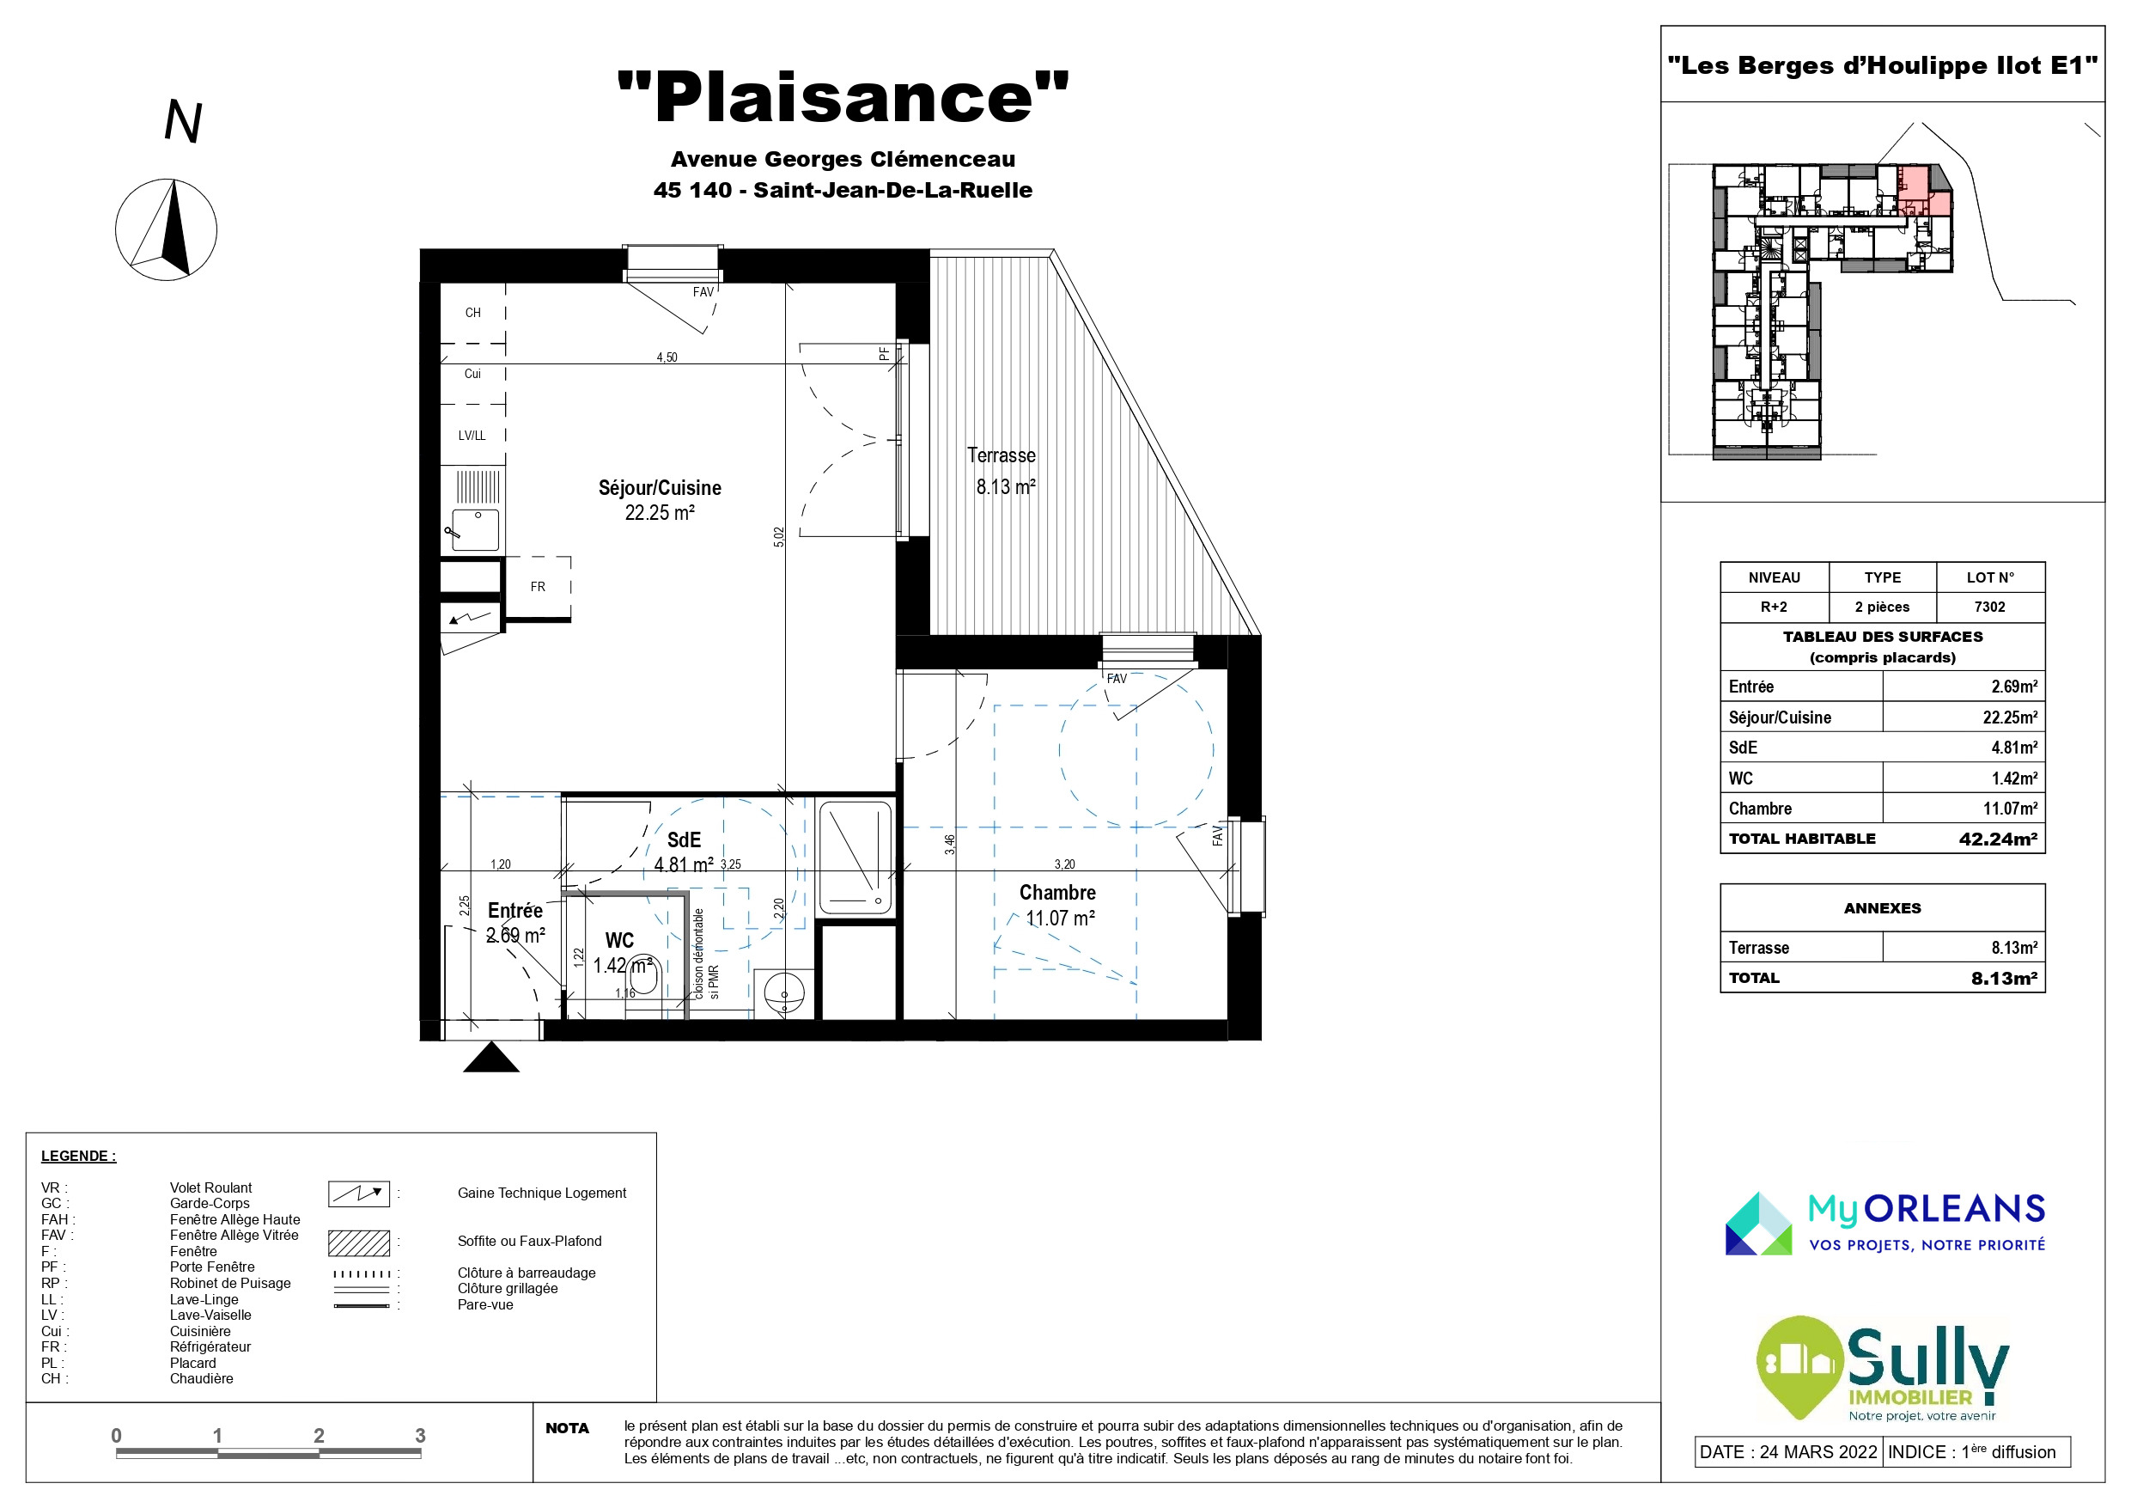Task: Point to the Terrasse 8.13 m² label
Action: [x=1002, y=471]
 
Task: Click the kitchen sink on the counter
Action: [x=474, y=530]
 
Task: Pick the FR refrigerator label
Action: [x=539, y=587]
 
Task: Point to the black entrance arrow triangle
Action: [x=491, y=1058]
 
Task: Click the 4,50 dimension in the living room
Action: [x=667, y=357]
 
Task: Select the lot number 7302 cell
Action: [x=1990, y=607]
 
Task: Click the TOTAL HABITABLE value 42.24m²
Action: [x=1998, y=839]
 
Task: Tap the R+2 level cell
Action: [x=1774, y=607]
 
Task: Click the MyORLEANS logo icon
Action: [x=1759, y=1224]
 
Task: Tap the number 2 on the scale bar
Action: [x=319, y=1436]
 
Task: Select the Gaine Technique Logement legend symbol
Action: [x=358, y=1194]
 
